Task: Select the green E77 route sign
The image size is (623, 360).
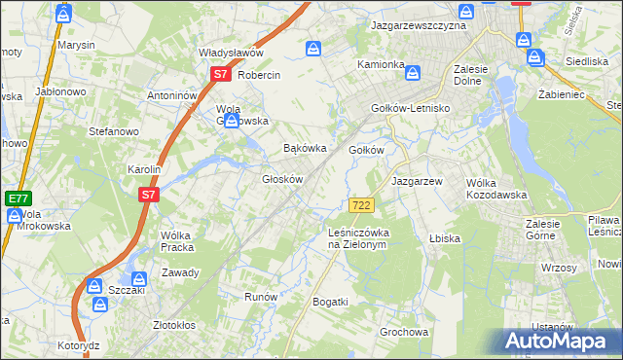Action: pos(17,198)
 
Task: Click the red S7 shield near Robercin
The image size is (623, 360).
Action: pos(219,74)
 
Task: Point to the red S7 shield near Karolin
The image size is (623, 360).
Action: pos(147,195)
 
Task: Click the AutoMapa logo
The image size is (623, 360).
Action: pos(557,342)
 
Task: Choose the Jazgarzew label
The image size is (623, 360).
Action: pos(417,181)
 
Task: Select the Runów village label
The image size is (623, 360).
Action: pos(262,297)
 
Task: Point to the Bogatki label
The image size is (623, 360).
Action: pos(330,303)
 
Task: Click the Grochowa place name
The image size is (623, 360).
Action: pos(404,332)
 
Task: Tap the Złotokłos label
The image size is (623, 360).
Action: pos(175,325)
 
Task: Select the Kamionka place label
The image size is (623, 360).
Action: pos(381,64)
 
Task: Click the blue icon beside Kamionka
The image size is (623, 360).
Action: pos(413,73)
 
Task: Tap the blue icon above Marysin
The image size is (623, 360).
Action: pos(64,15)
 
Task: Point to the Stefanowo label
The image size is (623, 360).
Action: pos(115,130)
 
